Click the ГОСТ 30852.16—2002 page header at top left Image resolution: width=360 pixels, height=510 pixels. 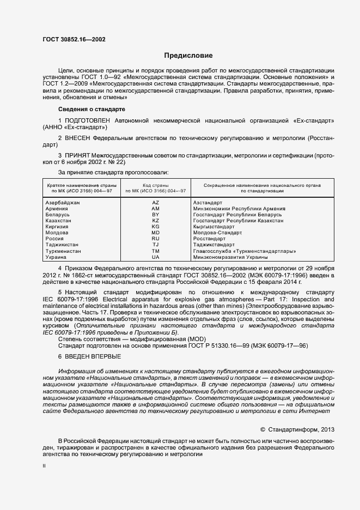click(75, 39)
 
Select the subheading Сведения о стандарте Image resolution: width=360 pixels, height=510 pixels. click(84, 109)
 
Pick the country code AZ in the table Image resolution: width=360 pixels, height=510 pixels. click(155, 203)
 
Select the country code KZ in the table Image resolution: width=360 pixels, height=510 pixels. click(155, 221)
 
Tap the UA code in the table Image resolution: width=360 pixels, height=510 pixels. click(155, 257)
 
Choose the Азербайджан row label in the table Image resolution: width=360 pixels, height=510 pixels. click(63, 203)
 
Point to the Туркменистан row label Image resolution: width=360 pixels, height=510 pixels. click(64, 251)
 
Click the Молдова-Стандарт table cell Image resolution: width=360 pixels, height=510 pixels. click(217, 233)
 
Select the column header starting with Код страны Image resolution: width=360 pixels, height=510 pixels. click(155, 188)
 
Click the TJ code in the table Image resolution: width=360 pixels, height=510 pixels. click(155, 245)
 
